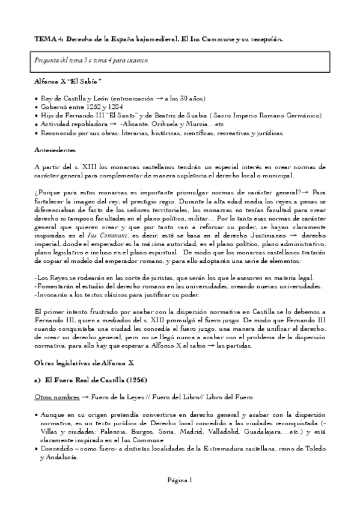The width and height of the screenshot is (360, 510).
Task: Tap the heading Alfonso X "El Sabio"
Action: click(x=67, y=81)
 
